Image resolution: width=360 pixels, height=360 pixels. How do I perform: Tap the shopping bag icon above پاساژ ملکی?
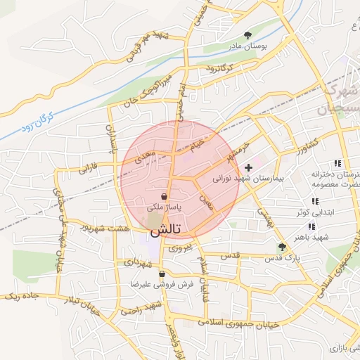pos(163,196)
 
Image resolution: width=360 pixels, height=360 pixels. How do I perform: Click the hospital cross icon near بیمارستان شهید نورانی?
pos(248,167)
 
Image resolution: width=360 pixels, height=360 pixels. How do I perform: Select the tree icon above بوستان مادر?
pos(247,34)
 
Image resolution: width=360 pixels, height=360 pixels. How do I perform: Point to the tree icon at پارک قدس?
pos(282,247)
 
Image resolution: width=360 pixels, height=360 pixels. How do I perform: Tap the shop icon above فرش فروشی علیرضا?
pos(162,274)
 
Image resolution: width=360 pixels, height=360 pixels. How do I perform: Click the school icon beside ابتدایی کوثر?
pos(310,226)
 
